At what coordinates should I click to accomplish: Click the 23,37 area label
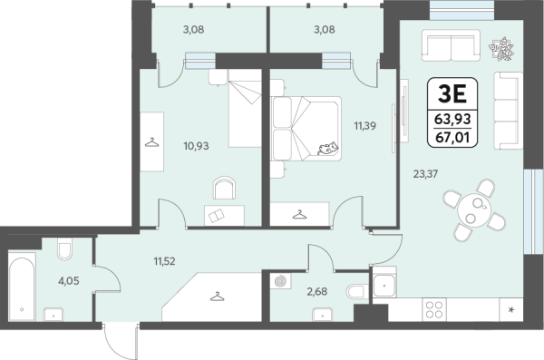tap(425, 173)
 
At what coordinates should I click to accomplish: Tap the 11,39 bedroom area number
tap(365, 126)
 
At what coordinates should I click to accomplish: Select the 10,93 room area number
tap(196, 146)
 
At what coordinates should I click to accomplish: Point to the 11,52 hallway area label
tap(164, 261)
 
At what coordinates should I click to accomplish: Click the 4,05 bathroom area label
tap(69, 281)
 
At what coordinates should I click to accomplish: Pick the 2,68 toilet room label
tap(316, 292)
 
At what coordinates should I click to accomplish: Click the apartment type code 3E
tap(452, 93)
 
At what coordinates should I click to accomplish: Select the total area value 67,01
tap(452, 138)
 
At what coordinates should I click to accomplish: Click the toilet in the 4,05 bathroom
tap(65, 248)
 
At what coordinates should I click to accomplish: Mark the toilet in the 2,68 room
tap(357, 292)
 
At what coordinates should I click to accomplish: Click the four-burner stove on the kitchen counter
tap(434, 309)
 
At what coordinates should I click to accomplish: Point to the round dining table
tap(474, 210)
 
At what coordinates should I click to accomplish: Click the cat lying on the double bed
tap(327, 148)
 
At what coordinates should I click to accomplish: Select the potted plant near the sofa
tap(501, 49)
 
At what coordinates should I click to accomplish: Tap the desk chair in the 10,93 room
tap(224, 188)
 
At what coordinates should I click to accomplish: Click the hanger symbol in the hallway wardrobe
tap(218, 297)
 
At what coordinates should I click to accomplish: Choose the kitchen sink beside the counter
tap(384, 286)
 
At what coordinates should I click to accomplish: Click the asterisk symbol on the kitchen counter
tap(511, 310)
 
